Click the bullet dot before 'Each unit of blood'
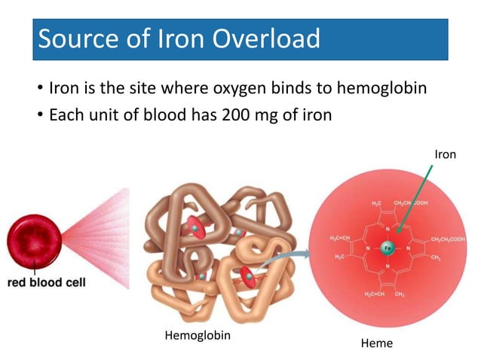point(39,117)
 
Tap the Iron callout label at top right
point(445,154)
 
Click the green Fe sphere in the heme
point(388,248)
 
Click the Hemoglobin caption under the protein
point(198,336)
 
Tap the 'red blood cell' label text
point(46,283)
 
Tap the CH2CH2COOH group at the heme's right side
point(448,239)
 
